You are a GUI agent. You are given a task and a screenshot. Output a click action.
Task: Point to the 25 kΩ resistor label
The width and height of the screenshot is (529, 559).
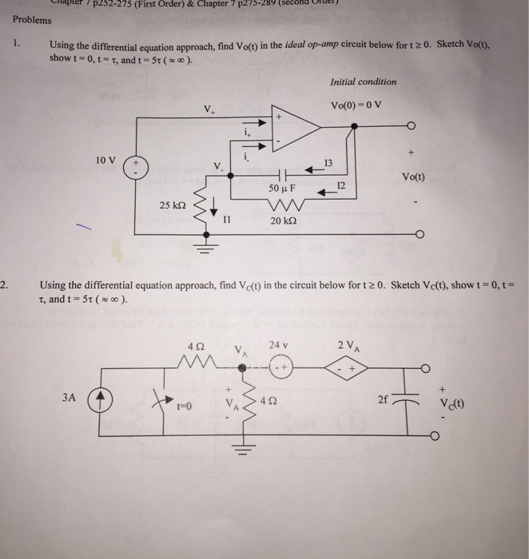(173, 205)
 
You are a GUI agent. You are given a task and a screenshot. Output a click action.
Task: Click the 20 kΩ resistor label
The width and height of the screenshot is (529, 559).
(284, 220)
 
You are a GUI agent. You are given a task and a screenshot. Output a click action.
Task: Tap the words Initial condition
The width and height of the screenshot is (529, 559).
(362, 81)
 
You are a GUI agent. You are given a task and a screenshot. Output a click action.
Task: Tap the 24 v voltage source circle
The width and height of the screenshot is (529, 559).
(280, 368)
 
